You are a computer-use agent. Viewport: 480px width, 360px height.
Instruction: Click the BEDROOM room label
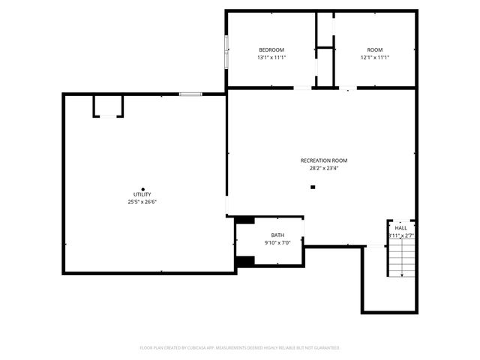[271, 49]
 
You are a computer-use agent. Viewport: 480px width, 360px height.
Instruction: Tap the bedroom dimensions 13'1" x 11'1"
[271, 58]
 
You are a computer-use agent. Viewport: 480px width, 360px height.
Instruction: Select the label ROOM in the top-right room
[374, 49]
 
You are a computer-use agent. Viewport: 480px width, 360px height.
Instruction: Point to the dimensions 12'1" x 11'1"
[374, 58]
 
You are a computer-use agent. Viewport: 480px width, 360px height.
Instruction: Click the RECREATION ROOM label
[323, 160]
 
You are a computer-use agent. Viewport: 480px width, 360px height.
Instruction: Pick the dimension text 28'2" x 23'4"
[323, 169]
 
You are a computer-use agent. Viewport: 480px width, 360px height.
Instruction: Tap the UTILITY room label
[142, 194]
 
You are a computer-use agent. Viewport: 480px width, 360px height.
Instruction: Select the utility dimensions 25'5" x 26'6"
[142, 202]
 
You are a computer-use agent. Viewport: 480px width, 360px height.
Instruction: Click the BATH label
[277, 235]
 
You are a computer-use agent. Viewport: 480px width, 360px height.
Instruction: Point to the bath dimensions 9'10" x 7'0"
[277, 243]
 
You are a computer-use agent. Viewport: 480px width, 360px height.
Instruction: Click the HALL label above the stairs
[401, 227]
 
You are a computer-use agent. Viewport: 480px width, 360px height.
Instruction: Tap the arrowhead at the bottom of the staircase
[402, 275]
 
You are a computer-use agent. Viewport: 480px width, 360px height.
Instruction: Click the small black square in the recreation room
[313, 187]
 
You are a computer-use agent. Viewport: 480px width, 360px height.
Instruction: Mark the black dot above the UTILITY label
[142, 188]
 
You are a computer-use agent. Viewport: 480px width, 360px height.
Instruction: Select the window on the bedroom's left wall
[226, 50]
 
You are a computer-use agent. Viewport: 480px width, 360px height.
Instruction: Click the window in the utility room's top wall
[190, 94]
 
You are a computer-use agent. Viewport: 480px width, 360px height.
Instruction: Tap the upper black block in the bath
[245, 220]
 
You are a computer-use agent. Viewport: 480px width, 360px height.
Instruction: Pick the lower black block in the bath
[245, 260]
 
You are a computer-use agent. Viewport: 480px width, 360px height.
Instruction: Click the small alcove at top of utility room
[108, 106]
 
